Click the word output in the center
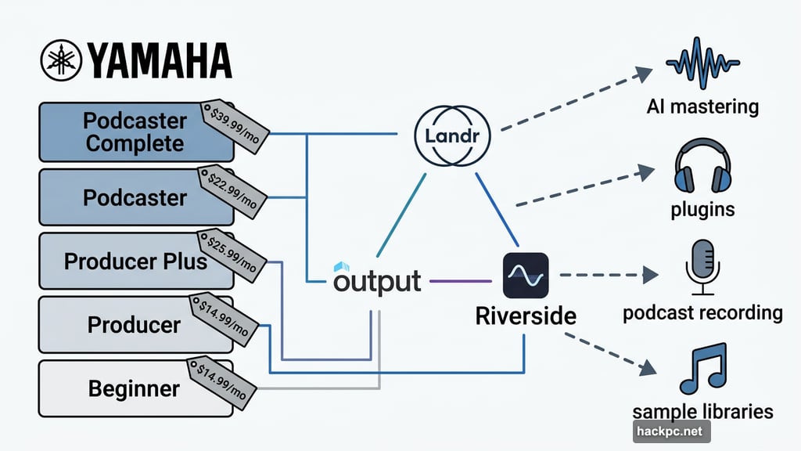[x=377, y=280]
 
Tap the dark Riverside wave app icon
[x=525, y=275]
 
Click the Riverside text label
[x=525, y=316]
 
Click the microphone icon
[x=702, y=266]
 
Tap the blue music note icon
[x=703, y=370]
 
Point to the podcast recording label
[x=702, y=313]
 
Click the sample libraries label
[x=702, y=412]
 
